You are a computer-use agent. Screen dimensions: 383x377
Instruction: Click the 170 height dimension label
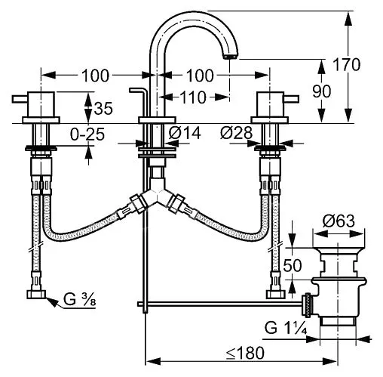pos(347,65)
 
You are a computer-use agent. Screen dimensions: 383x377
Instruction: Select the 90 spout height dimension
pos(321,91)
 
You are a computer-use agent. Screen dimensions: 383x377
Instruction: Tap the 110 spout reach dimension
pos(194,97)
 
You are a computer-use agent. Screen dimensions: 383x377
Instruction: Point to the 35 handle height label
pos(103,109)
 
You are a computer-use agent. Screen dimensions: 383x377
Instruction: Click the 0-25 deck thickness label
pos(87,134)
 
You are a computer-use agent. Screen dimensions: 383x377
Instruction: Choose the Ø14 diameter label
pos(185,133)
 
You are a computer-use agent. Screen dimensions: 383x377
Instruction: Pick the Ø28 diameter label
pos(236,133)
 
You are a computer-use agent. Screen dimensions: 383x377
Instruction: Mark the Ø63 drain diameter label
pos(339,221)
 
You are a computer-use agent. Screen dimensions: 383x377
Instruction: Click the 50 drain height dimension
pos(293,265)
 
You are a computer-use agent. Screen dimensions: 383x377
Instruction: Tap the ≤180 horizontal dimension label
pos(245,353)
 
